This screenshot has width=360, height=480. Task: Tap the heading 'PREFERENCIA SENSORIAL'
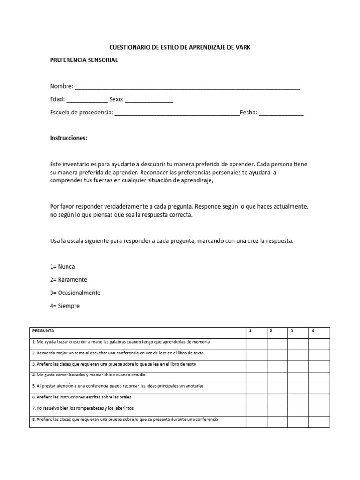click(84, 60)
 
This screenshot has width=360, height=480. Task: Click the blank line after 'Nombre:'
click(187, 87)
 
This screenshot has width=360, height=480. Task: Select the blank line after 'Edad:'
click(87, 100)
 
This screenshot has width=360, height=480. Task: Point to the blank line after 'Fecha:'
click(281, 113)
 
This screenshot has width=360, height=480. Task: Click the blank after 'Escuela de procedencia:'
click(177, 113)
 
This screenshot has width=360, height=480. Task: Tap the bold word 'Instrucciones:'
click(68, 138)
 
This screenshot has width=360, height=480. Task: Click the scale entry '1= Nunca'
click(62, 267)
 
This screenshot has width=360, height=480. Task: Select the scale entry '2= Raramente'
click(68, 280)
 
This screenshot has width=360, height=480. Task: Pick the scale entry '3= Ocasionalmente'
click(75, 293)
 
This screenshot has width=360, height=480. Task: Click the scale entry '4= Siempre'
click(65, 306)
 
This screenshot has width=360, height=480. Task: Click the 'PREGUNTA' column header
click(43, 331)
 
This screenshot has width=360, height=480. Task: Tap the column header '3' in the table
click(292, 331)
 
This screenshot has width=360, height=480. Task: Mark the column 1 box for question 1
click(256, 342)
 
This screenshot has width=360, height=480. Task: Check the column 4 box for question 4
click(319, 375)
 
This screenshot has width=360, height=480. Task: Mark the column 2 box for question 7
click(277, 409)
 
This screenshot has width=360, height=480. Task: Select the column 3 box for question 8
click(298, 420)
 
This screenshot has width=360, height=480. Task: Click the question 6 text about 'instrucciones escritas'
click(82, 397)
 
